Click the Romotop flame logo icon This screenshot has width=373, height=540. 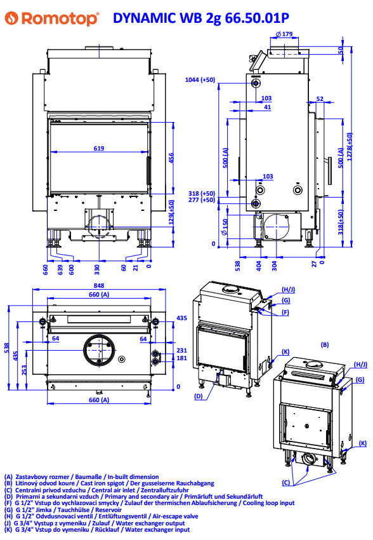11,18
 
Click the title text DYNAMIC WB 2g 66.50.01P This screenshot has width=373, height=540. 200,18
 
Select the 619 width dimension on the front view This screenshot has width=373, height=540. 99,148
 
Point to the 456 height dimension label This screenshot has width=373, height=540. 171,158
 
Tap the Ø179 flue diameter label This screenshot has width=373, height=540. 284,34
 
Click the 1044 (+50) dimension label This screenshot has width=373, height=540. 200,80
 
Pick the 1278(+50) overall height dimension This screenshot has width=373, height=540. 350,147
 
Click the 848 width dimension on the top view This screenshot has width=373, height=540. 99,285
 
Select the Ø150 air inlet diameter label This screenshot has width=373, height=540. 225,227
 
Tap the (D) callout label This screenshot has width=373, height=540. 199,396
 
